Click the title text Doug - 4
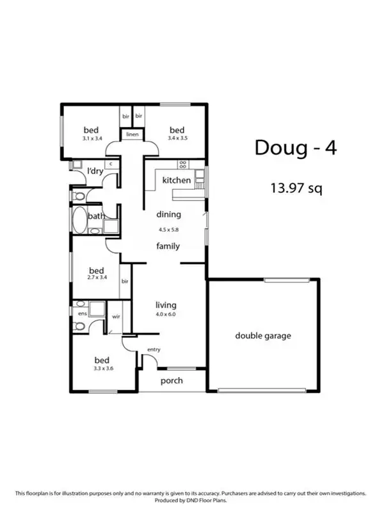tap(295, 147)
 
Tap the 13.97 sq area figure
tap(296, 189)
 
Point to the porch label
tap(172, 381)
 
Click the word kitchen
tap(176, 180)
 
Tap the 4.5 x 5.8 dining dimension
tap(169, 229)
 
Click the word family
tap(168, 246)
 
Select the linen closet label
tap(132, 135)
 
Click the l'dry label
tap(95, 171)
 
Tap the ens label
tap(83, 314)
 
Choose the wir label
tap(117, 316)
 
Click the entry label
tap(154, 349)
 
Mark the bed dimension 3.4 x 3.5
tap(177, 138)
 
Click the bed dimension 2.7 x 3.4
tap(97, 279)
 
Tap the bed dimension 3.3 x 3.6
tap(101, 369)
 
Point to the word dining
tap(169, 215)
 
